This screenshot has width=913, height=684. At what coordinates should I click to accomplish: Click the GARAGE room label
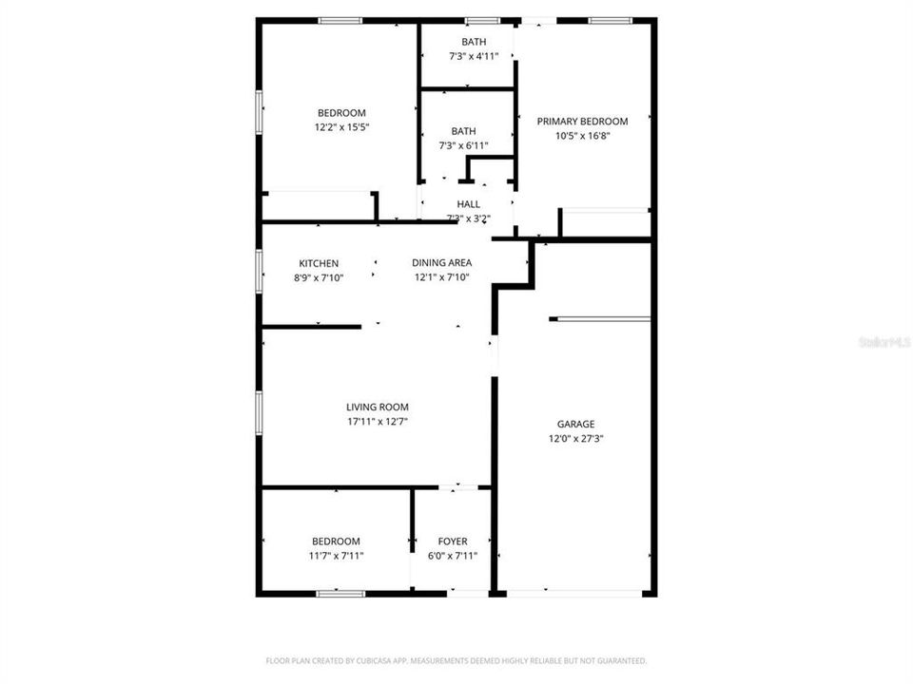[x=575, y=425]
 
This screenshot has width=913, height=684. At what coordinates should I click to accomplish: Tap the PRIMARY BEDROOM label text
[x=582, y=122]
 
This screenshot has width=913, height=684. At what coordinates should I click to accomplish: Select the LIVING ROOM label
[x=378, y=408]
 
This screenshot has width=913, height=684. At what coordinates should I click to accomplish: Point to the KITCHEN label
[x=319, y=263]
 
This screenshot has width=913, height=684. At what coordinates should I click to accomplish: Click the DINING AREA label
[x=441, y=263]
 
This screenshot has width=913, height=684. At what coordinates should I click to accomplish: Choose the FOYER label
[x=453, y=541]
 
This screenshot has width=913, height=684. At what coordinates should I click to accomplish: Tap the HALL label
[x=469, y=204]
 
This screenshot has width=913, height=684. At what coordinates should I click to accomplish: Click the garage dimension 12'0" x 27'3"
[x=575, y=439]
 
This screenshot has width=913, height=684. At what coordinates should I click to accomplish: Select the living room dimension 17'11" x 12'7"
[x=378, y=422]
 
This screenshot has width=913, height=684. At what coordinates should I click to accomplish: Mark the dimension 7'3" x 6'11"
[x=463, y=146]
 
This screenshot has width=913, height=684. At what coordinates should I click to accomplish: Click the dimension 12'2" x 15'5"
[x=341, y=127]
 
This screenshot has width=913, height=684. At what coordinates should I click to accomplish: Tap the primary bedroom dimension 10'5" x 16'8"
[x=582, y=136]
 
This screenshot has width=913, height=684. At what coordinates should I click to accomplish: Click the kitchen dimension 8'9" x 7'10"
[x=319, y=277]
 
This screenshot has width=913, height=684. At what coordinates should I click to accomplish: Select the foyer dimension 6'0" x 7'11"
[x=453, y=556]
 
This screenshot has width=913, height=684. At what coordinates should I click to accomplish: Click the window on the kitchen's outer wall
[x=260, y=267]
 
